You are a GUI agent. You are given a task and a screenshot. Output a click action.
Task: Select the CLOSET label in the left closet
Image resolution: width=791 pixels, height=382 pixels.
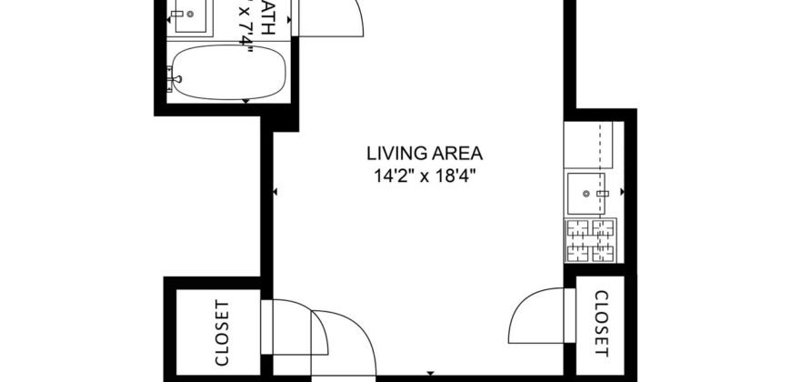point(221,333)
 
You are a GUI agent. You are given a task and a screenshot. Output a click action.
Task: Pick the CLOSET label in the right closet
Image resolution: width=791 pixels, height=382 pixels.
point(601,323)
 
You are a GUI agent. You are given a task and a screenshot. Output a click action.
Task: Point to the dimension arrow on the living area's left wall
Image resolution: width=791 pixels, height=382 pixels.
point(276,192)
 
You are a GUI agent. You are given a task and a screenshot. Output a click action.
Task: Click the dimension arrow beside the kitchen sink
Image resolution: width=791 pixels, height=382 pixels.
point(622,192)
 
